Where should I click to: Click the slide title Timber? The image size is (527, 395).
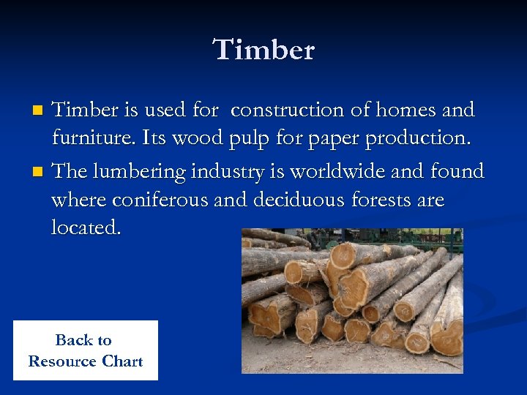[263, 50]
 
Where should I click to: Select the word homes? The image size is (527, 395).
[411, 110]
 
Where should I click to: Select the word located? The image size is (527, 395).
[86, 227]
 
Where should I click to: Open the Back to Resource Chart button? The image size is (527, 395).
[86, 350]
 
